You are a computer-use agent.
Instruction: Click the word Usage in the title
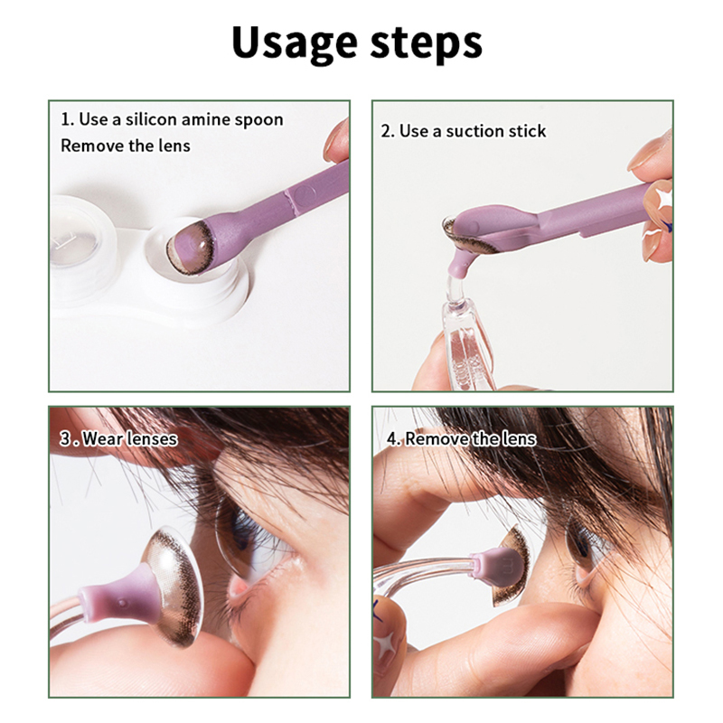click(x=296, y=43)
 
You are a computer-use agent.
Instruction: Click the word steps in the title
click(x=427, y=43)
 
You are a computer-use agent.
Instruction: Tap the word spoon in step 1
click(x=258, y=120)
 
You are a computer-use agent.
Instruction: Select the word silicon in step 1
click(x=151, y=119)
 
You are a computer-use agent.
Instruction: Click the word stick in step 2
click(x=527, y=131)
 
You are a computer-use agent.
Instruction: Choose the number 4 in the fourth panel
click(x=392, y=439)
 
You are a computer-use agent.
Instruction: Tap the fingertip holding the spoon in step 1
click(x=337, y=140)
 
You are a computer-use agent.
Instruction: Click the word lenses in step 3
click(x=153, y=438)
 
